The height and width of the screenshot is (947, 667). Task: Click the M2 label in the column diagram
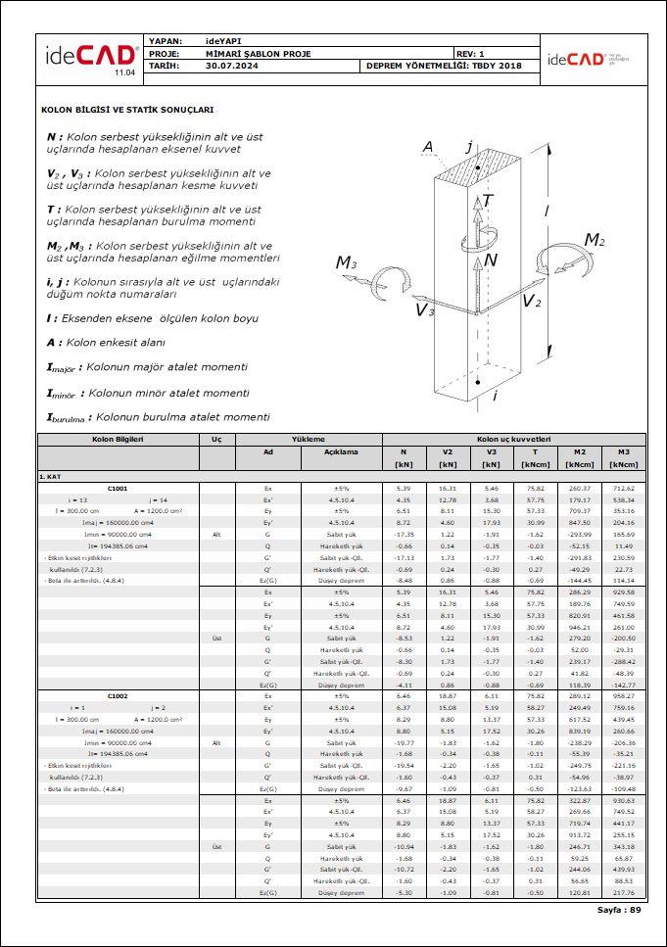[595, 240]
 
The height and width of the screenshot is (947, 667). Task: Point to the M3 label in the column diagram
[347, 262]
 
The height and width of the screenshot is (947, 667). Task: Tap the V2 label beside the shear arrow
[532, 301]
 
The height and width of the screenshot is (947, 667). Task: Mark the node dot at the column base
[476, 380]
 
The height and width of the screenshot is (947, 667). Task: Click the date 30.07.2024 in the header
[232, 66]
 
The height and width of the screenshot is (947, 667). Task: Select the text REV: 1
[470, 53]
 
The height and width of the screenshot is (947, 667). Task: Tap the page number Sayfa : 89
[619, 910]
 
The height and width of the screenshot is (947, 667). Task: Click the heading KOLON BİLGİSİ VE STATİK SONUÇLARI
[127, 111]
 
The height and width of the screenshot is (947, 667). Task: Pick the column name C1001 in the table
[117, 488]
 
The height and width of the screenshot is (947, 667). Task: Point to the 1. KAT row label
[52, 476]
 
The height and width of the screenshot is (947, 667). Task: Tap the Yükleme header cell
[310, 439]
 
